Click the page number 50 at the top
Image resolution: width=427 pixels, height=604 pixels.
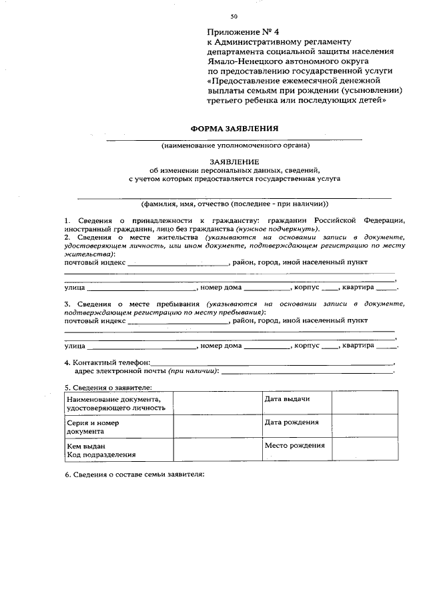tap(234, 16)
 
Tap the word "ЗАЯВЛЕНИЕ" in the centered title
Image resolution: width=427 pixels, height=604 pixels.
tap(234, 162)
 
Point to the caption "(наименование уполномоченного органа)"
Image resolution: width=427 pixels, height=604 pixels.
tap(235, 145)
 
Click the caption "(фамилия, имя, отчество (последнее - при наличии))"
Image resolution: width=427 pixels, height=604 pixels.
tap(235, 204)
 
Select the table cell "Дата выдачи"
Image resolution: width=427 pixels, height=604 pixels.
tap(287, 398)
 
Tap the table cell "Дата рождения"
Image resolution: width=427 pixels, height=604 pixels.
tap(291, 422)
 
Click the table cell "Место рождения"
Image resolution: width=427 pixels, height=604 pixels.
tap(294, 445)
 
